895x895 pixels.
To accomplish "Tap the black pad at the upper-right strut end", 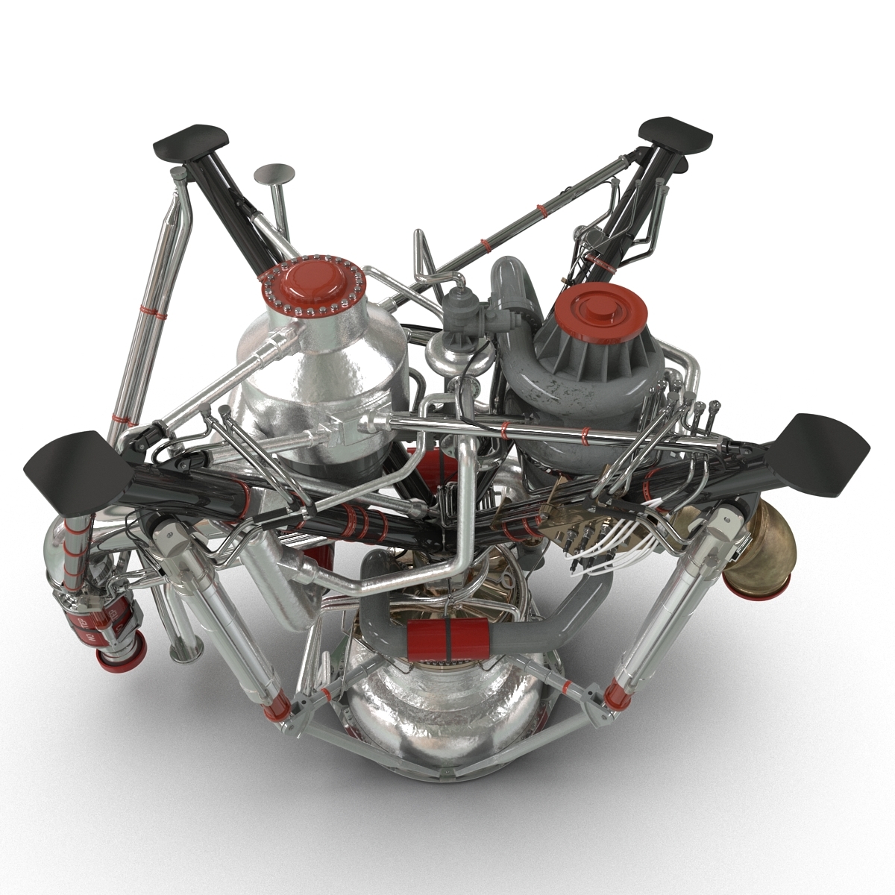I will pyautogui.click(x=676, y=131).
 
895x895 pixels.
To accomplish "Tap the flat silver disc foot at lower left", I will pyautogui.click(x=182, y=655).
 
